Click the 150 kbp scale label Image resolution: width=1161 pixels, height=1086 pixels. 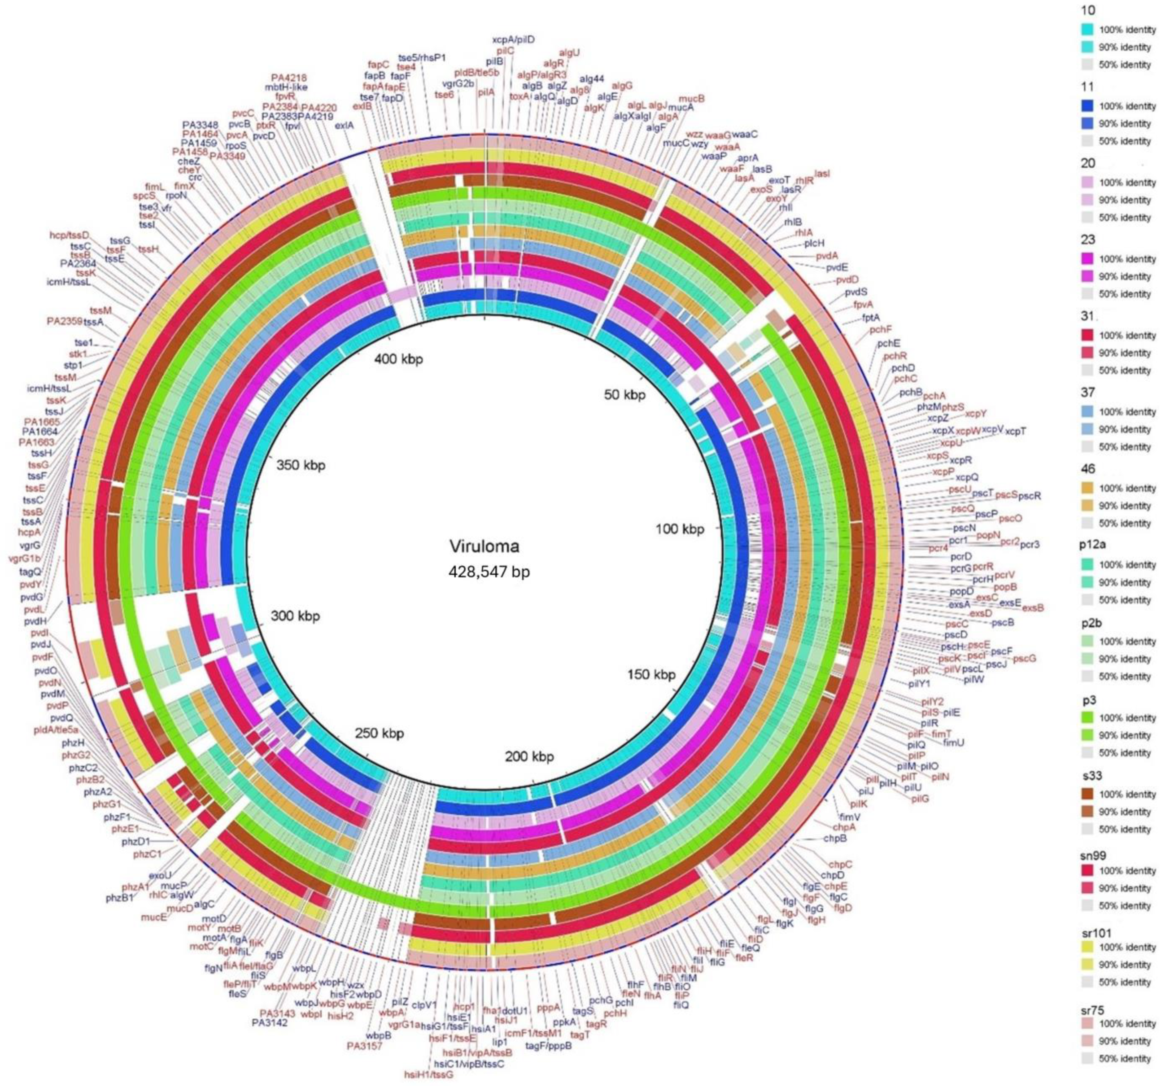[651, 674]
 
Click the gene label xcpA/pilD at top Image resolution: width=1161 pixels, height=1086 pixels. [513, 40]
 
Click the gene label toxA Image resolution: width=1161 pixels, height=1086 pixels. [519, 96]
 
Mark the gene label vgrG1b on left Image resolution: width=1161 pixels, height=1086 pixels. [24, 558]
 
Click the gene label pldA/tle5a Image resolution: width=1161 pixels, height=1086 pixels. [56, 729]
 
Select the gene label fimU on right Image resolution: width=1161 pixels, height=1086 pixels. [953, 743]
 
